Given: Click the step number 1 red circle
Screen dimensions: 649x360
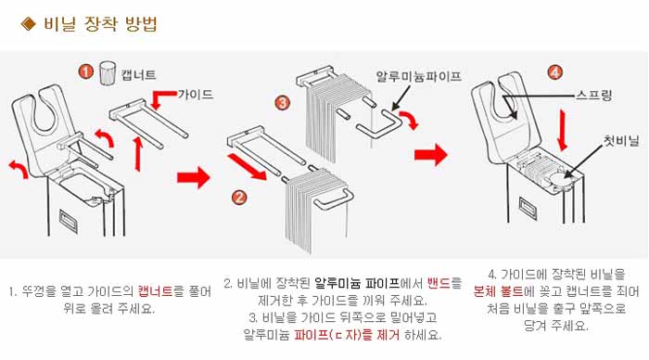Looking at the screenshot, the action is click(85, 72).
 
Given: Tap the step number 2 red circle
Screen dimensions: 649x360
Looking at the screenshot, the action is click(239, 198).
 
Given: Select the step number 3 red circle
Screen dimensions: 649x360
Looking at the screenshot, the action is click(283, 102).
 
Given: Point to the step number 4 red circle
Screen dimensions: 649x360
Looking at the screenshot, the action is click(555, 72).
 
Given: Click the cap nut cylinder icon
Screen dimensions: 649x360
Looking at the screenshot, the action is click(108, 73).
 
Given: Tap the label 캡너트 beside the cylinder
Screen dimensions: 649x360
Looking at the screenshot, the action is click(139, 75).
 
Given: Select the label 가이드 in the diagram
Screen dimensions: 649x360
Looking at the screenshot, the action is click(196, 95).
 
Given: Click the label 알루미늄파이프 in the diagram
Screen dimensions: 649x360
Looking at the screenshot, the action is click(418, 76).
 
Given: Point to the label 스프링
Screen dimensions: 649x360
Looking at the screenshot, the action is click(594, 96).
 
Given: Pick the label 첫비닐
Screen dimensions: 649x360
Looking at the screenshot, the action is click(621, 141).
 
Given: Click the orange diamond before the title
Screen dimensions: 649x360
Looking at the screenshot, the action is click(29, 23).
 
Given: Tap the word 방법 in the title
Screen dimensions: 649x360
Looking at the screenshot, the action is click(141, 23).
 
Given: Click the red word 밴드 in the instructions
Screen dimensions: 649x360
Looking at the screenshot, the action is click(439, 283).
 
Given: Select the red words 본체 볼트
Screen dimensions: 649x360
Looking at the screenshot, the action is click(499, 291).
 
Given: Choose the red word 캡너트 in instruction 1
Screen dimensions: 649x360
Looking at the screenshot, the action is click(155, 290).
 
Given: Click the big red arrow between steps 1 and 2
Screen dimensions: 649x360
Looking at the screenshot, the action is click(194, 178).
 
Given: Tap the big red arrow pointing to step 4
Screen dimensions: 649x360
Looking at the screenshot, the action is click(431, 155).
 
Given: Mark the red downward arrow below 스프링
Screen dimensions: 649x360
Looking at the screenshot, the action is click(562, 130).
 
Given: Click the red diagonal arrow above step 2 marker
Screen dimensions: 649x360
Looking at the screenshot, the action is click(247, 166).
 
